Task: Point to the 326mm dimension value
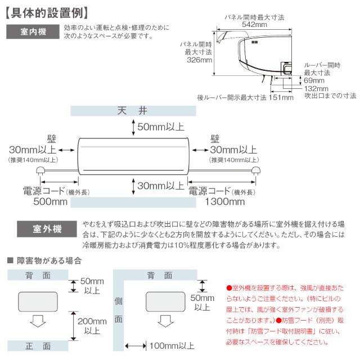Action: tap(199, 60)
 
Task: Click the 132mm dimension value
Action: tap(316, 88)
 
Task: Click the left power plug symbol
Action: tap(41, 171)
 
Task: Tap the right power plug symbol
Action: tap(255, 171)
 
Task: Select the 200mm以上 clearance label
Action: tap(92, 326)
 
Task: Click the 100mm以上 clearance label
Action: tap(172, 345)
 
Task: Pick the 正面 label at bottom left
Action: tap(38, 345)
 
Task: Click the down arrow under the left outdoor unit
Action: tap(38, 321)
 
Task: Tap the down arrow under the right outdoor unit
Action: tap(166, 321)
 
